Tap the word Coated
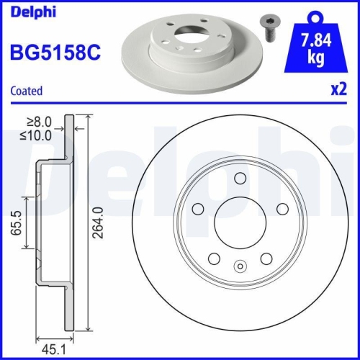click(26, 91)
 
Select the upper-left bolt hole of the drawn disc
click(198, 210)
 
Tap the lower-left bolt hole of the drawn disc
click(215, 259)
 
